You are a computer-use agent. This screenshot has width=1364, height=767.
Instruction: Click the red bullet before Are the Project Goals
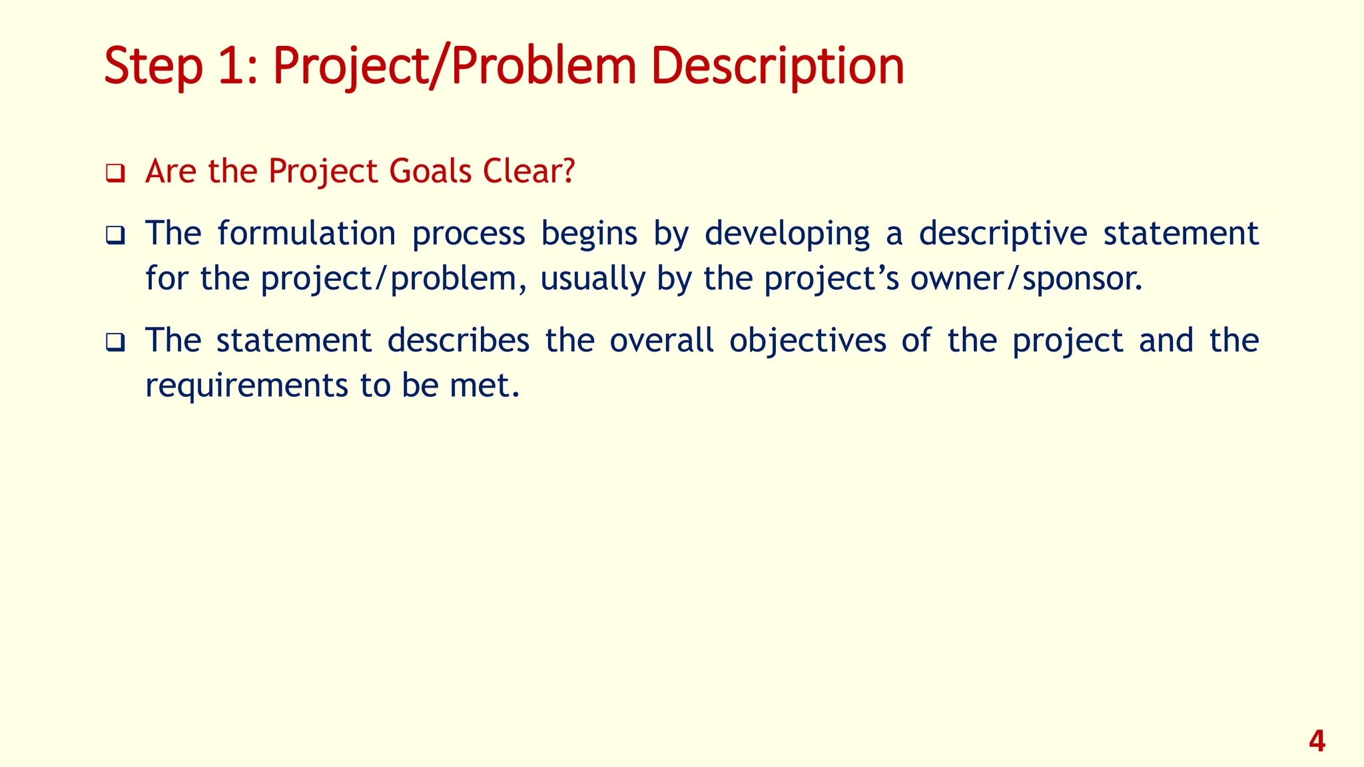coord(115,174)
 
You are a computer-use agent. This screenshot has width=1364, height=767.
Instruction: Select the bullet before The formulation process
coord(115,236)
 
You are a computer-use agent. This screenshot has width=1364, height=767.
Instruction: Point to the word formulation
coord(306,234)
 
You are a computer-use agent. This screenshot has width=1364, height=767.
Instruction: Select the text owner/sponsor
coord(1026,279)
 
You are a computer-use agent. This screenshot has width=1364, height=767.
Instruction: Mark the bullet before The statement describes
coord(115,343)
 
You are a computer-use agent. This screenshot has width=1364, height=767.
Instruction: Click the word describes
coord(458,340)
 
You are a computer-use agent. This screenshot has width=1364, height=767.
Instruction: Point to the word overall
coord(661,340)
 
